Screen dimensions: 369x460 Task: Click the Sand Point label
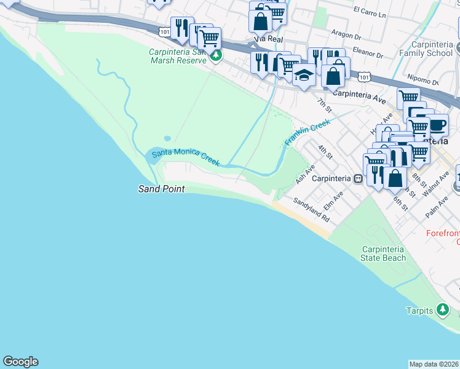(161, 189)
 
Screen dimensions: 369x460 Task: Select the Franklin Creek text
(307, 132)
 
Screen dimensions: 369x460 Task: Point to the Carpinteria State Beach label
(384, 253)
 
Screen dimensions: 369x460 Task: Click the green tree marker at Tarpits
(442, 309)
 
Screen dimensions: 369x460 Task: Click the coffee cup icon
(437, 125)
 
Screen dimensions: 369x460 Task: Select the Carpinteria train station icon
(358, 179)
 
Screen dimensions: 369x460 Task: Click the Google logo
(20, 362)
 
